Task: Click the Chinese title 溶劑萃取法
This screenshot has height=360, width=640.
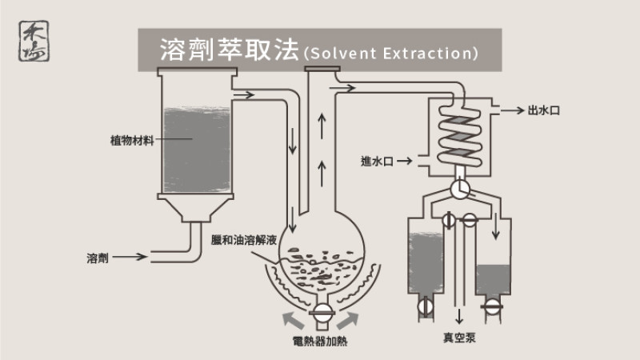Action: click(229, 51)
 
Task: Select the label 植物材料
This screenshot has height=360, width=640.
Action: click(132, 139)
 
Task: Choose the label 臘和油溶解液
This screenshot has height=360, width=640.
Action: click(243, 239)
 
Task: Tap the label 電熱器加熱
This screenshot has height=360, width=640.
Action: click(320, 342)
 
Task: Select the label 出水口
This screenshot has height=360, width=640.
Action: click(544, 110)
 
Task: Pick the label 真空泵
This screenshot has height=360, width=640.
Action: click(459, 338)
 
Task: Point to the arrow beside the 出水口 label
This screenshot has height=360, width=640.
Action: click(514, 110)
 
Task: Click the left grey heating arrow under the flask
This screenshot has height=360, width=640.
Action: click(291, 319)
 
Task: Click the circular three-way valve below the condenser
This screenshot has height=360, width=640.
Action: click(459, 189)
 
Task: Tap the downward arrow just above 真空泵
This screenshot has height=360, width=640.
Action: click(459, 313)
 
